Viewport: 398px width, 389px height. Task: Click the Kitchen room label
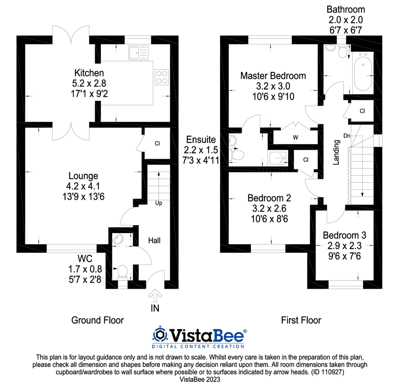[89, 73]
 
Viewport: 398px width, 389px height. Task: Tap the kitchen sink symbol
[138, 52]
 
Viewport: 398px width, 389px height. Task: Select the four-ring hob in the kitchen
[161, 77]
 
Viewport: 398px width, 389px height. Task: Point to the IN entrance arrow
[155, 296]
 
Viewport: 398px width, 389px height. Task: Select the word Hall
[154, 240]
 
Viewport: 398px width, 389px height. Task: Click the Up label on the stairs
[159, 203]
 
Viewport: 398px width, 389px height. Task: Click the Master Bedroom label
[273, 76]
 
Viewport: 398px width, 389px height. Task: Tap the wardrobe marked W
[296, 138]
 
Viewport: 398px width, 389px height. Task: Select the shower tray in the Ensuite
[279, 158]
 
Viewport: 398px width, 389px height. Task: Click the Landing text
[336, 152]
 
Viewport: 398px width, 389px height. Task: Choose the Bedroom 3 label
[345, 235]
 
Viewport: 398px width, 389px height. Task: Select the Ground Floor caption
[98, 320]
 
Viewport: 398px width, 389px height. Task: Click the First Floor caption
[301, 320]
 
